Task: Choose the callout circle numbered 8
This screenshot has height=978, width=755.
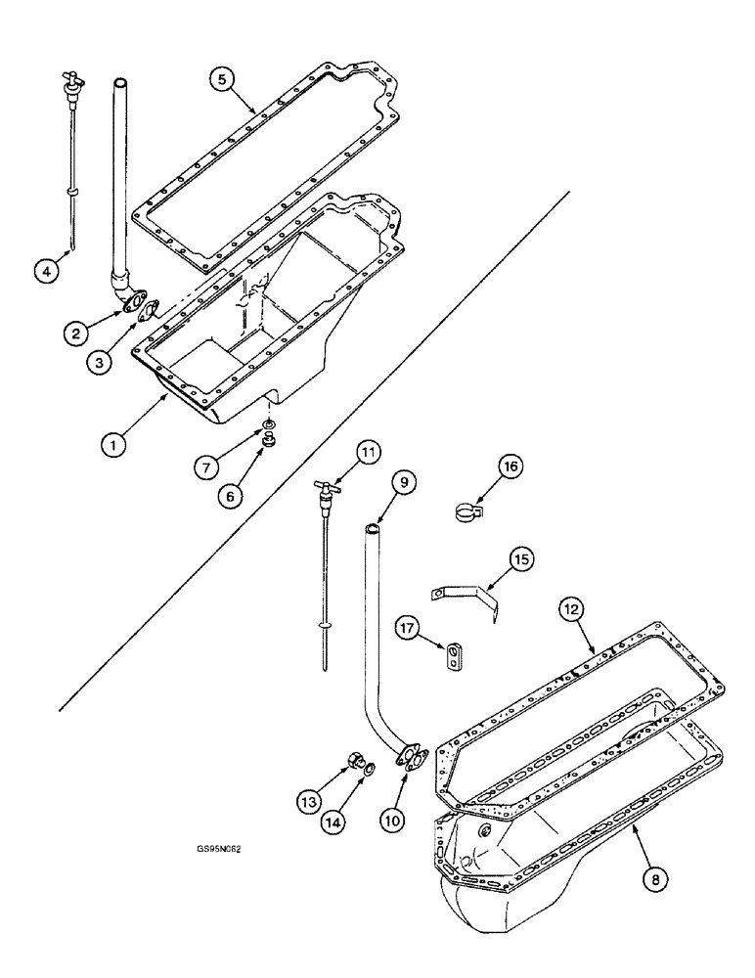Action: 654,878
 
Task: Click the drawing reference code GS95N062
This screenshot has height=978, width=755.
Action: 218,850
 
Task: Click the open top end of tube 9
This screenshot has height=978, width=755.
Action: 373,529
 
